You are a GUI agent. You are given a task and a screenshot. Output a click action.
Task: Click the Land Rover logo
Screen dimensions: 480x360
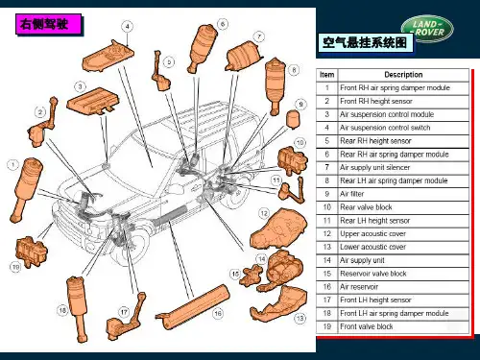click(427, 29)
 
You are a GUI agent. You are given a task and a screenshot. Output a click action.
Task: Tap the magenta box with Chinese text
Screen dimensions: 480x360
click(48, 24)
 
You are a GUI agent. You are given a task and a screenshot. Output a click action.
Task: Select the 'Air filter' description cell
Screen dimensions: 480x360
click(404, 194)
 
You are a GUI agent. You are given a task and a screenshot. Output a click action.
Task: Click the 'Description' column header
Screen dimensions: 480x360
click(404, 75)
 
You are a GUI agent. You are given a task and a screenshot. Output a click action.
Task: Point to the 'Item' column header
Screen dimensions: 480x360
click(327, 75)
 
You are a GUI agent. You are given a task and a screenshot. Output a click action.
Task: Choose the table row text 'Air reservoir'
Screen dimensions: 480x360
click(359, 287)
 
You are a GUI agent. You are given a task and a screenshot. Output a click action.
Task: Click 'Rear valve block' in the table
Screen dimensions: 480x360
click(366, 207)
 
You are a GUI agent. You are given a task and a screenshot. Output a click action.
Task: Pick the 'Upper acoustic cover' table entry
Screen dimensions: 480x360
click(373, 233)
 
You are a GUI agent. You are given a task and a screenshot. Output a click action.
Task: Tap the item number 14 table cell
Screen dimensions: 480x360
click(327, 260)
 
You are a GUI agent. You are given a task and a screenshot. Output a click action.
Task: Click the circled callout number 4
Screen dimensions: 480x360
click(128, 26)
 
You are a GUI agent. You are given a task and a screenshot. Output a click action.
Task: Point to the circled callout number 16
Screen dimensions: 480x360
click(218, 313)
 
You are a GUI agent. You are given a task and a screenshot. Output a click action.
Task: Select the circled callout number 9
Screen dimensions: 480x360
click(300, 105)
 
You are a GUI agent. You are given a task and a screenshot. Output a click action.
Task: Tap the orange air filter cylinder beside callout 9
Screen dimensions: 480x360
click(293, 120)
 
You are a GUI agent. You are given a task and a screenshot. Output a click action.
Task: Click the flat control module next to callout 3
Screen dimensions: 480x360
click(93, 101)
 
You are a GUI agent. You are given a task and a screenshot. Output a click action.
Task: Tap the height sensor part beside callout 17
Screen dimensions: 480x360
click(124, 320)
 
